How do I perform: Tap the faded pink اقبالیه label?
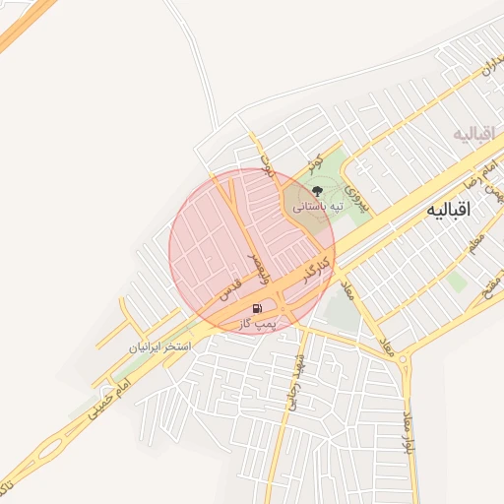pyautogui.click(x=474, y=133)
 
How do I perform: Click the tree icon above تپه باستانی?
pyautogui.click(x=316, y=191)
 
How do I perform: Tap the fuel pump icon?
pyautogui.click(x=258, y=307)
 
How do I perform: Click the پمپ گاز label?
pyautogui.click(x=259, y=323)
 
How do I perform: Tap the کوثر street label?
pyautogui.click(x=316, y=158)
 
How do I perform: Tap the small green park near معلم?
pyautogui.click(x=455, y=281)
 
